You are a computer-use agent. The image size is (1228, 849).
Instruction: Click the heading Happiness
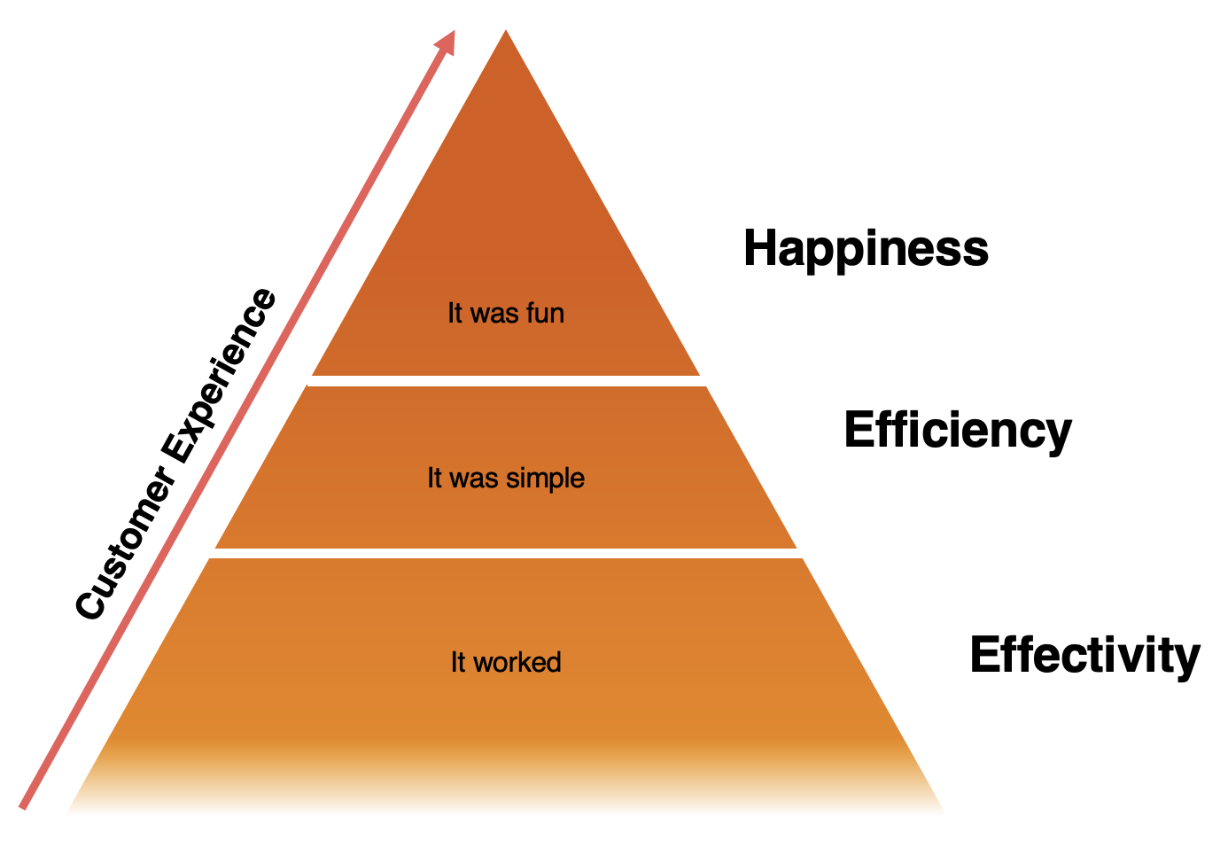pyautogui.click(x=866, y=249)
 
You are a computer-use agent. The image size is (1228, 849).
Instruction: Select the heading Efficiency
pyautogui.click(x=957, y=431)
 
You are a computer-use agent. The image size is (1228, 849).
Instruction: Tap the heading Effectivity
pyautogui.click(x=1084, y=656)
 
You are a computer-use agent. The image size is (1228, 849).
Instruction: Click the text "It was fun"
pyautogui.click(x=505, y=313)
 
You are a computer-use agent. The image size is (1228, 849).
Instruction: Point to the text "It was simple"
pyautogui.click(x=505, y=479)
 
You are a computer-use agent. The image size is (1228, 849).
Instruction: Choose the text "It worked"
pyautogui.click(x=505, y=662)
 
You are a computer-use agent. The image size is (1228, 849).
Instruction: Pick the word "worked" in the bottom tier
pyautogui.click(x=517, y=662)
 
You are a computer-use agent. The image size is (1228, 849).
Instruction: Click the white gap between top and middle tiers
pyautogui.click(x=506, y=381)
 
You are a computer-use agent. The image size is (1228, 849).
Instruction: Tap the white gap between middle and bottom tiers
pyautogui.click(x=506, y=553)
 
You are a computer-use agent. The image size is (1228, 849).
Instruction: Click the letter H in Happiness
pyautogui.click(x=759, y=248)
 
